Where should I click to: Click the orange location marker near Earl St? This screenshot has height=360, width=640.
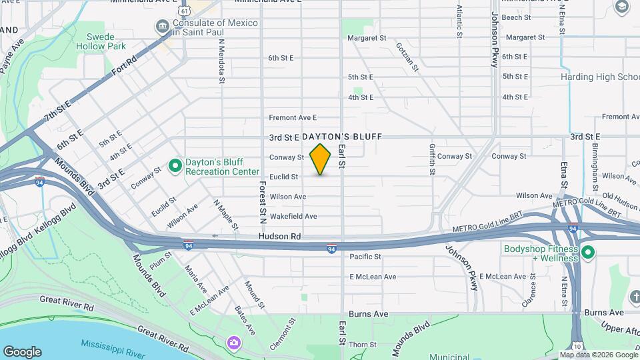click(320, 159)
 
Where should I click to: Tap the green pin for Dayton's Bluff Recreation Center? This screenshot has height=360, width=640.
click(175, 165)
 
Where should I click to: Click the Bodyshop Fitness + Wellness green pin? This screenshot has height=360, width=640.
click(587, 253)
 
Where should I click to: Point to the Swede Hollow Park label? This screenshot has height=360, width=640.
click(105, 41)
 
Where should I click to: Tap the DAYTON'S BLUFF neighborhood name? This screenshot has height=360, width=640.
click(342, 137)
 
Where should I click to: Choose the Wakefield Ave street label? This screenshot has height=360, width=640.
click(293, 216)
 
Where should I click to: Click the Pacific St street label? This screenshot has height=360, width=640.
click(365, 257)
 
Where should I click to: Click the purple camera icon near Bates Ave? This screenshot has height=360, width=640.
click(233, 343)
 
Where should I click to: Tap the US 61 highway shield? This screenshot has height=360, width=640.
click(183, 11)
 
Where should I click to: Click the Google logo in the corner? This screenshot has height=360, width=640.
click(22, 352)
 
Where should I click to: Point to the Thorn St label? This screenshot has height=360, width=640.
click(363, 345)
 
